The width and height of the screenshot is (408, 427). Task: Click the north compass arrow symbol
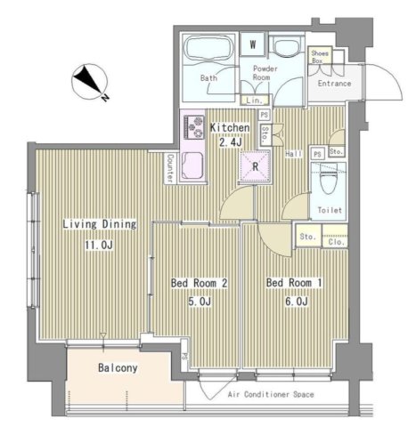point(90,83)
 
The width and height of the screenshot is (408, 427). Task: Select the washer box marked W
point(254,44)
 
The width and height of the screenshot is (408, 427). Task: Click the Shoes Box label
point(321,57)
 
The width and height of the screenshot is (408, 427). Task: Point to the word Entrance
point(334,84)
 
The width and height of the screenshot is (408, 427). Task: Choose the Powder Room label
point(265,74)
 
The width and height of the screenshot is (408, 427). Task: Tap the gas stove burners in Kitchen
point(193,127)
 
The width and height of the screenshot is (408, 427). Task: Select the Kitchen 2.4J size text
point(230,141)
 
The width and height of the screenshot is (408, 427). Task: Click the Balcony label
point(117,367)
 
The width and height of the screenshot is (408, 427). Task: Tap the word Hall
point(293,154)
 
